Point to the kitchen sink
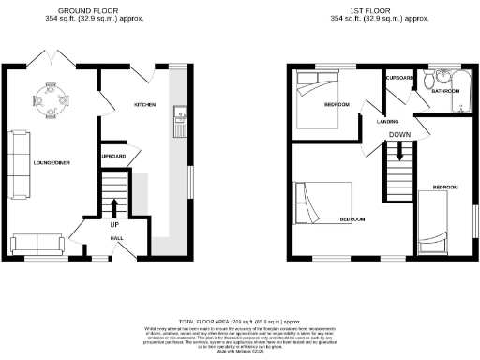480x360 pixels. pyautogui.click(x=176, y=116)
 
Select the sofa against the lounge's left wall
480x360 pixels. pyautogui.click(x=19, y=156)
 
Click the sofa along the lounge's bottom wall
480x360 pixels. pyautogui.click(x=38, y=243)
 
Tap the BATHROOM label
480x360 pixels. pyautogui.click(x=443, y=92)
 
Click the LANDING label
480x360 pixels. pyautogui.click(x=388, y=121)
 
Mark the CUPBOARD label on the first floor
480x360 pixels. pyautogui.click(x=399, y=77)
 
